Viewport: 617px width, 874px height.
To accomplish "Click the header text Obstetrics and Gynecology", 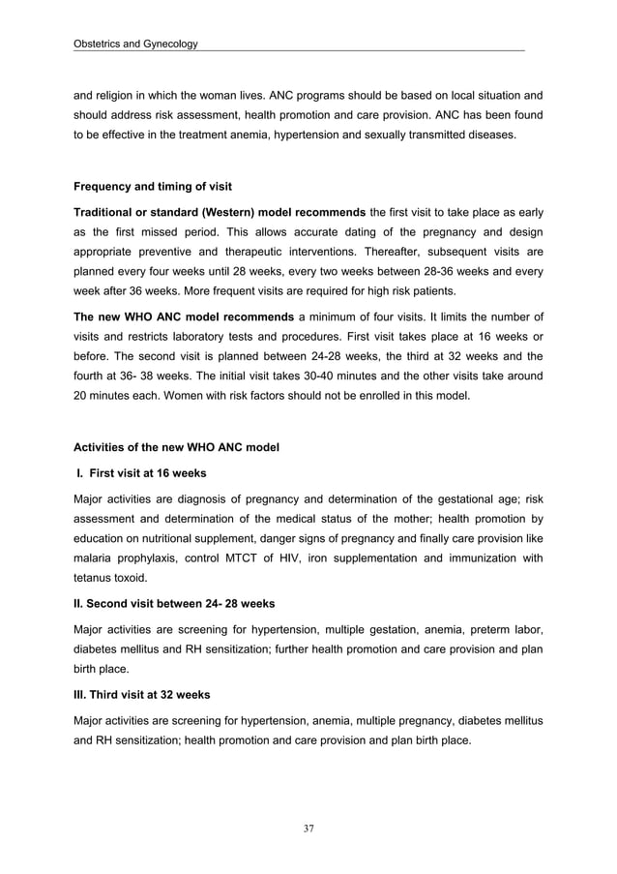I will (x=135, y=44).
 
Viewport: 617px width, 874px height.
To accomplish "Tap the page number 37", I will (x=308, y=828).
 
